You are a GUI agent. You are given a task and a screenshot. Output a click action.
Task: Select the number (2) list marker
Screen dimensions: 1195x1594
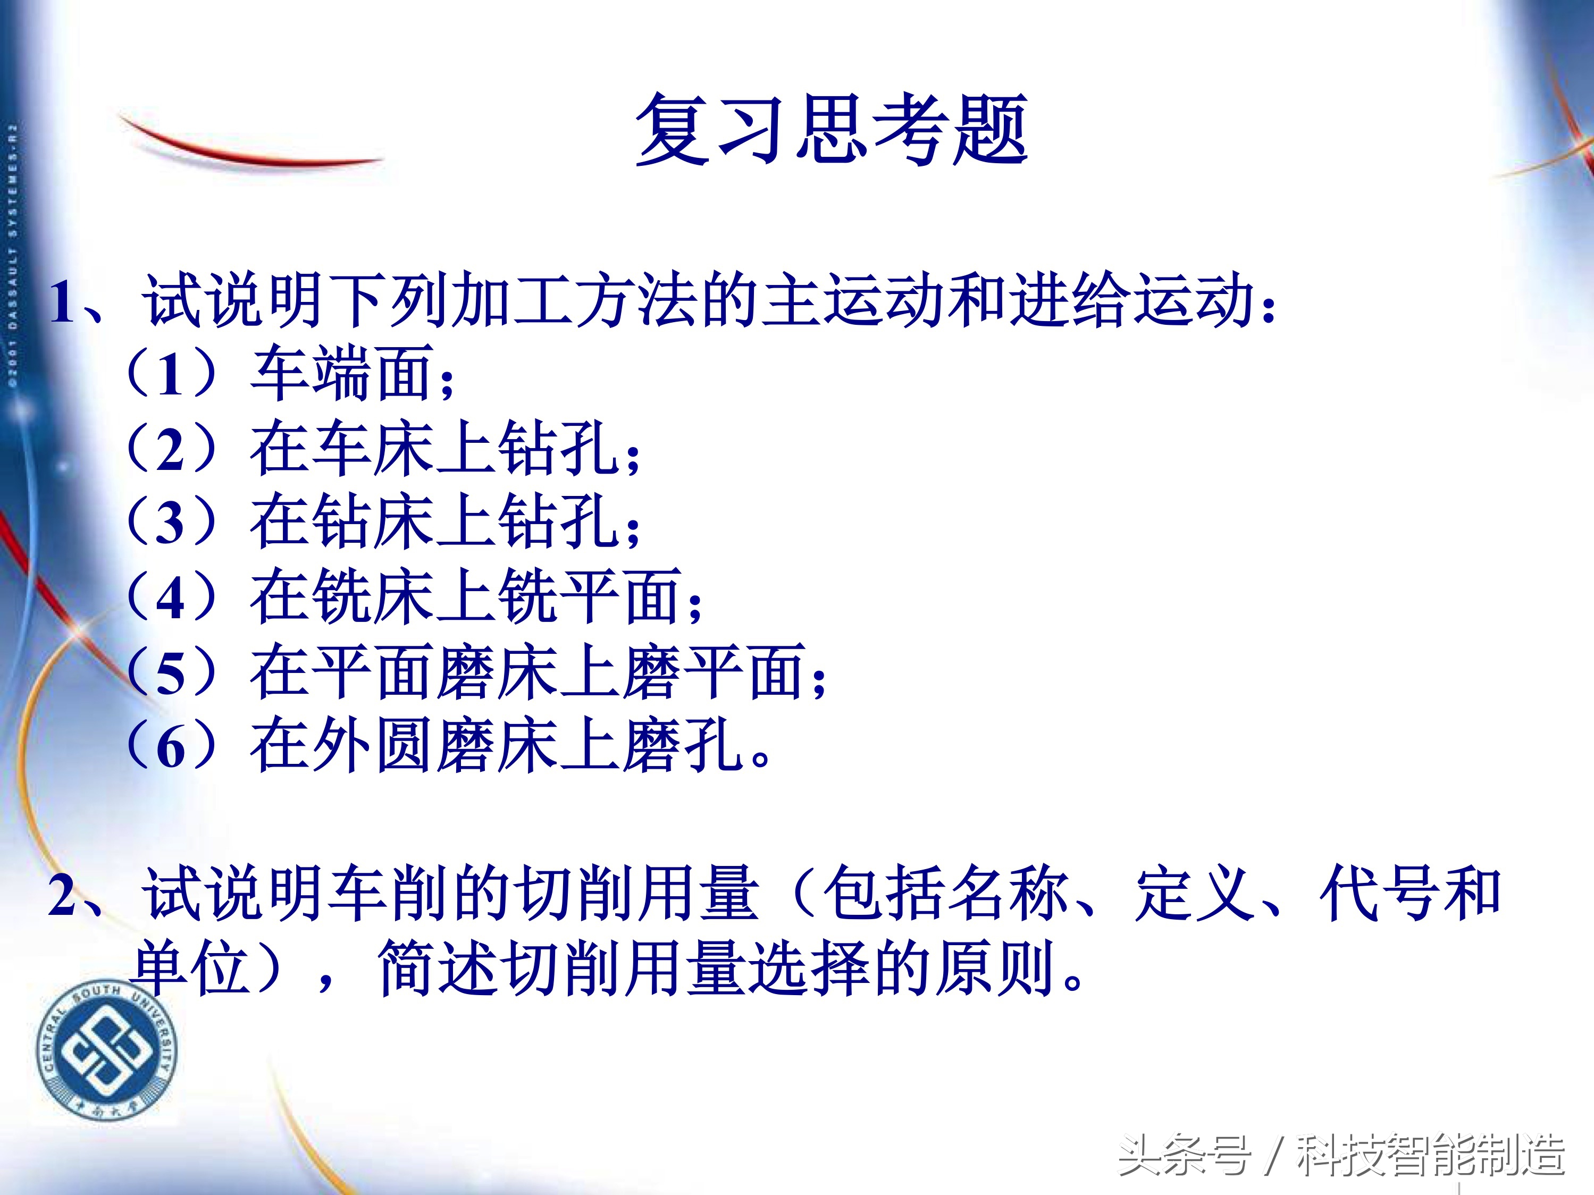click(170, 449)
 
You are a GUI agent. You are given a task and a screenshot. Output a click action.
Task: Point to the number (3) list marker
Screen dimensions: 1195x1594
click(170, 522)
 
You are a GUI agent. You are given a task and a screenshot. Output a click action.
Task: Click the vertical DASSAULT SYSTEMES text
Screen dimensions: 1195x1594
click(13, 259)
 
